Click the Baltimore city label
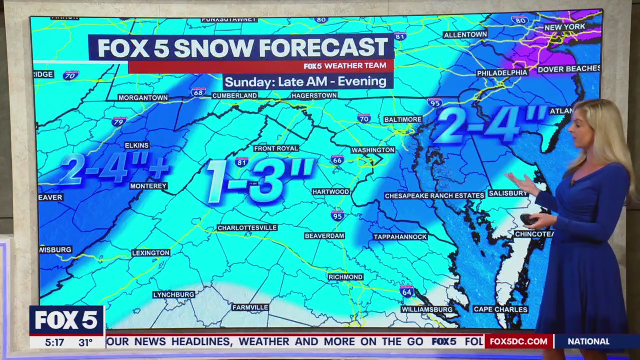click(403, 120)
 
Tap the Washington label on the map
click(373, 150)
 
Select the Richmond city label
click(346, 277)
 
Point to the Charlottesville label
click(247, 228)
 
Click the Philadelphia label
click(502, 73)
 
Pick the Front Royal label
click(276, 148)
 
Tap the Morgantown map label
click(143, 98)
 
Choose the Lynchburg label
click(174, 295)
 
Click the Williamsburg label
click(427, 310)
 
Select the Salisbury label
click(507, 193)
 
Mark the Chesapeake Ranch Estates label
click(434, 196)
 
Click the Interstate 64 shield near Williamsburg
click(407, 290)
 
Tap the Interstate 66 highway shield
click(337, 160)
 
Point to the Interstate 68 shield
click(198, 92)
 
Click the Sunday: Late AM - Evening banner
click(305, 81)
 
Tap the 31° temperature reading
click(85, 343)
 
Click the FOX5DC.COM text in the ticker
click(518, 342)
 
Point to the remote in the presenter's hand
click(528, 219)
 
